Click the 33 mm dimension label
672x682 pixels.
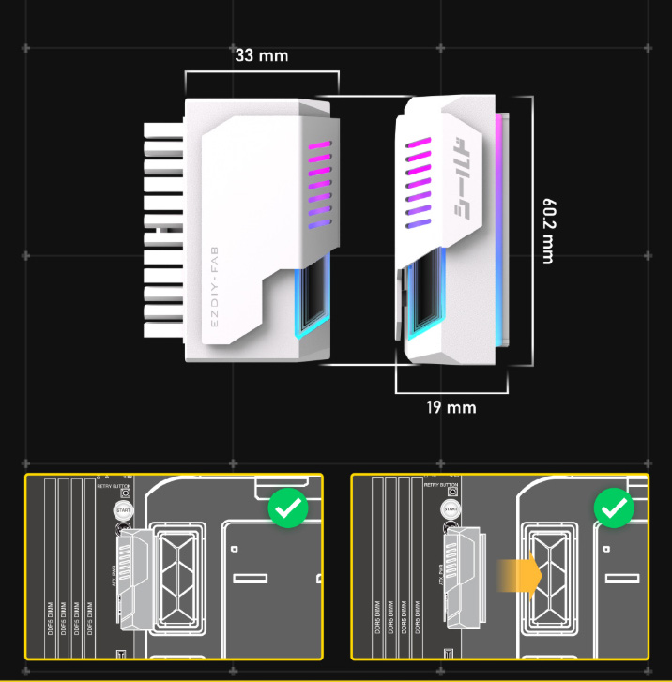click(x=262, y=55)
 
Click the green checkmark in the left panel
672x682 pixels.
click(x=288, y=509)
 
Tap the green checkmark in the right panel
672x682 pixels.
click(x=615, y=509)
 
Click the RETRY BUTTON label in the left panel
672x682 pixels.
click(x=113, y=486)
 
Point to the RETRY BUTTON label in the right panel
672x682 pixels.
click(x=440, y=486)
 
